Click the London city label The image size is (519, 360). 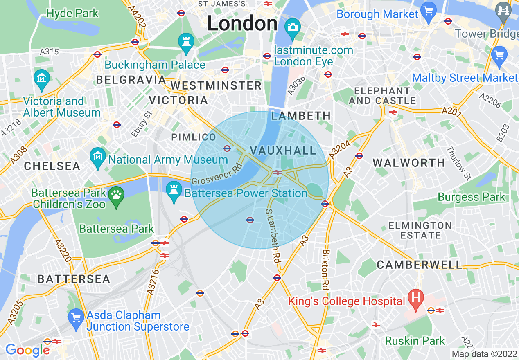(x=242, y=23)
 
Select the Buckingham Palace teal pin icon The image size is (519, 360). (x=186, y=43)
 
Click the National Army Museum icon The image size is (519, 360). (x=98, y=157)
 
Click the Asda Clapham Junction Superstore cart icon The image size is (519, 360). (x=76, y=319)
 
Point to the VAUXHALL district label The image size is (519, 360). (x=283, y=151)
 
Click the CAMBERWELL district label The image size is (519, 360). (x=419, y=265)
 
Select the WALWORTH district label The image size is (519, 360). (x=409, y=163)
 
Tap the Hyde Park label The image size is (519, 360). (x=72, y=13)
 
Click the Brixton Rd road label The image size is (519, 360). (x=326, y=270)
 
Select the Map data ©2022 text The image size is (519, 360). (x=484, y=354)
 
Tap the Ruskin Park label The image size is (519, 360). (x=415, y=341)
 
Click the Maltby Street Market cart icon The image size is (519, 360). (x=499, y=56)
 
